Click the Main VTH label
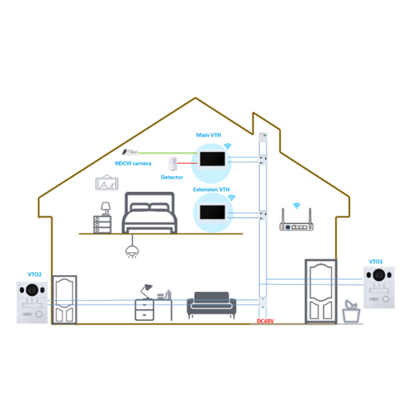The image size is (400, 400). pos(209,135)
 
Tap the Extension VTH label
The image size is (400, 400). pos(211,190)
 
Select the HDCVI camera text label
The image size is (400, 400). pos(133,163)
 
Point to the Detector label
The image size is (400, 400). pos(172,177)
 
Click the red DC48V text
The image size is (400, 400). pos(266,321)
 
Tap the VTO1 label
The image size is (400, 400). pos(376,262)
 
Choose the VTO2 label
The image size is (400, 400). pos(34,274)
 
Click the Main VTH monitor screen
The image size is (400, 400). pos(213,159)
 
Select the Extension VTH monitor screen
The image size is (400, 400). pos(213,212)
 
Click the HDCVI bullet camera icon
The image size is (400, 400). pos(130,152)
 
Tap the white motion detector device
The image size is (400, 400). pos(173,164)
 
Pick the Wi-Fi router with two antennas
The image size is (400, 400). pos(296,220)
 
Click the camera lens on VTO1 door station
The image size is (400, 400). pos(379,275)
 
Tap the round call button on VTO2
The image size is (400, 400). pos(39,314)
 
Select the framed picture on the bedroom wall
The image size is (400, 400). pos(107,182)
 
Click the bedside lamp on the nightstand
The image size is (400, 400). pos(106,209)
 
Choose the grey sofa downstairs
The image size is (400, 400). pos(211,304)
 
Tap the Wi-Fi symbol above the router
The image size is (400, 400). pos(297,206)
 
